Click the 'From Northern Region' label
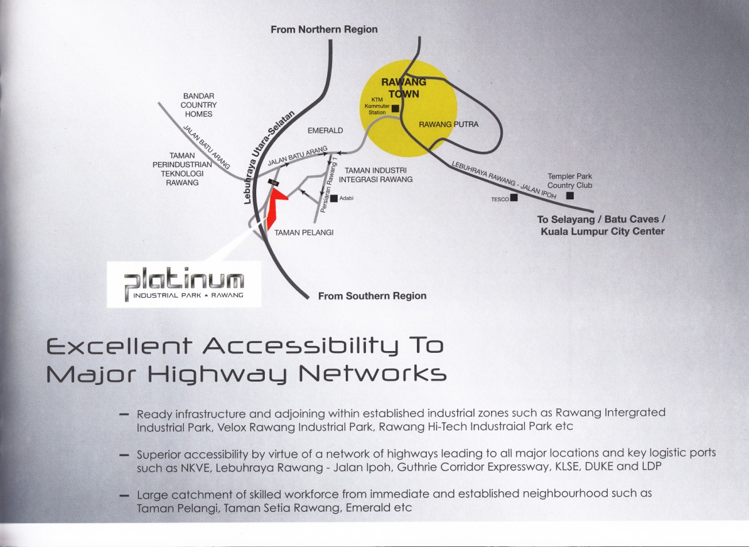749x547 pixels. pyautogui.click(x=324, y=29)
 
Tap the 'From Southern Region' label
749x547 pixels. pyautogui.click(x=372, y=296)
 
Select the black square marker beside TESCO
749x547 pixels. pyautogui.click(x=514, y=198)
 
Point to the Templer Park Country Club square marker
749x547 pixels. pyautogui.click(x=570, y=196)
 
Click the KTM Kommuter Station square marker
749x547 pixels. pyautogui.click(x=395, y=107)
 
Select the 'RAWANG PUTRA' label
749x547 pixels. pyautogui.click(x=448, y=124)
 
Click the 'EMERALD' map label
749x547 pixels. pyautogui.click(x=325, y=130)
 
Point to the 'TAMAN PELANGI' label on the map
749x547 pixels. pyautogui.click(x=304, y=233)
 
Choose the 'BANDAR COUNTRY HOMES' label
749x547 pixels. pyautogui.click(x=199, y=105)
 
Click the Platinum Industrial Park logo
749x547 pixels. pyautogui.click(x=184, y=285)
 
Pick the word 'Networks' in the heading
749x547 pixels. pyautogui.click(x=373, y=375)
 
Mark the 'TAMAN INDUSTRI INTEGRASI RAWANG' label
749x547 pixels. pyautogui.click(x=378, y=175)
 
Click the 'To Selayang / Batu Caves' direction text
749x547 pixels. pyautogui.click(x=601, y=219)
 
